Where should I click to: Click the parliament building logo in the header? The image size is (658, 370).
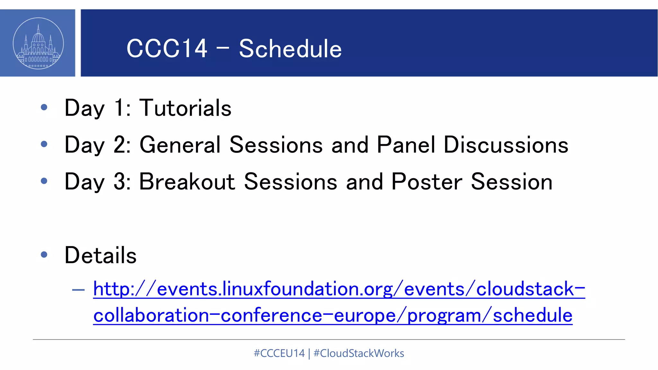(x=38, y=43)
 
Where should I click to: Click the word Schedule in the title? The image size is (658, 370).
(x=290, y=49)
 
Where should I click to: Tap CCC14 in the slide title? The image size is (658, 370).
(x=167, y=49)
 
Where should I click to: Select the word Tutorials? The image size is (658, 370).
(x=185, y=108)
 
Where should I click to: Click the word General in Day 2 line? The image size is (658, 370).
(x=180, y=145)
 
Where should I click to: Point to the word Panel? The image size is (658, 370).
(x=406, y=145)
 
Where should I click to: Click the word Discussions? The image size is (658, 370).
(x=506, y=145)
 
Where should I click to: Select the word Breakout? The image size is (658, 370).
(x=187, y=182)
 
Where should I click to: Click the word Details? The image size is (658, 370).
(x=101, y=255)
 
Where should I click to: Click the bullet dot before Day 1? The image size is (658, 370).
(x=44, y=107)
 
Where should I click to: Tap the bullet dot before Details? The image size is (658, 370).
(x=44, y=255)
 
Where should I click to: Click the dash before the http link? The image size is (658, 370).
(x=78, y=290)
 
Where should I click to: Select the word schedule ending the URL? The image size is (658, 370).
(x=532, y=315)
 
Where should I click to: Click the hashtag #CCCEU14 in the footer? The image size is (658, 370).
(x=279, y=353)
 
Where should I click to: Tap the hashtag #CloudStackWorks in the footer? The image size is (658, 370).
(x=359, y=353)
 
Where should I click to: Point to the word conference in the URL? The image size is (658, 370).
(x=271, y=315)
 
